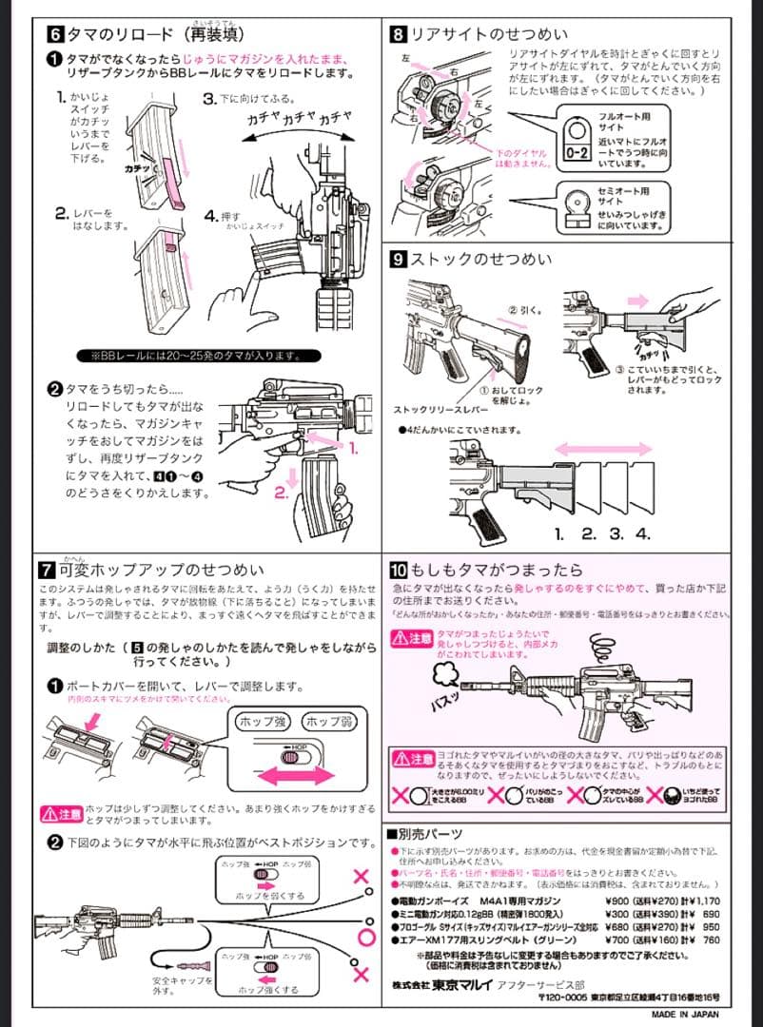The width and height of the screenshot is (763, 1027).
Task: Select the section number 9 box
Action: [x=400, y=259]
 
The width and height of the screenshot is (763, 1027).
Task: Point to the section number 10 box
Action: [x=400, y=571]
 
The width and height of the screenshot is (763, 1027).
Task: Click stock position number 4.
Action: [x=643, y=533]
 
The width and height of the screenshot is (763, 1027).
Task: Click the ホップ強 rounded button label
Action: [x=262, y=720]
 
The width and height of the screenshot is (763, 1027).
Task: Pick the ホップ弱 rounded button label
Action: [x=328, y=720]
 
